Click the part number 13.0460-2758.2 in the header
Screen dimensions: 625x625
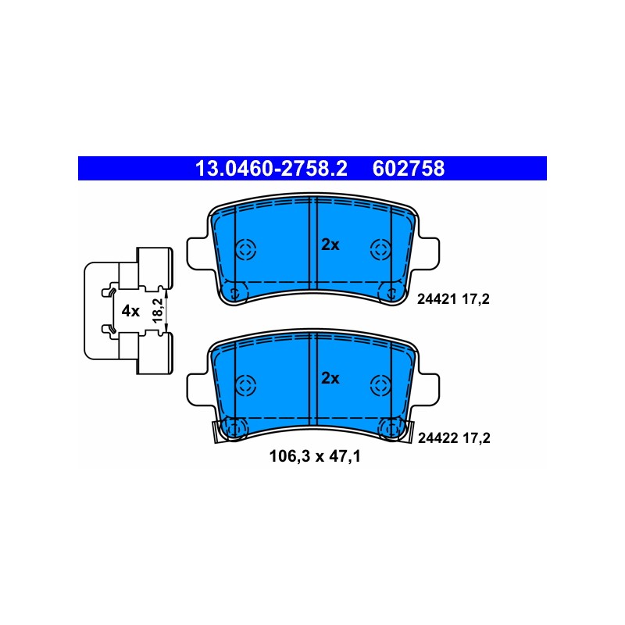point(271,168)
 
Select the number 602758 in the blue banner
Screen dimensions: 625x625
point(408,168)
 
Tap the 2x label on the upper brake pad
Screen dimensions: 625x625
point(330,245)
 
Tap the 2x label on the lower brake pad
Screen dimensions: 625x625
point(330,378)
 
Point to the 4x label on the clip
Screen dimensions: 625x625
point(130,311)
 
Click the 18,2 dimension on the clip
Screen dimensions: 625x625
point(159,310)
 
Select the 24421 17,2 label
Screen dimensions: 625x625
point(453,299)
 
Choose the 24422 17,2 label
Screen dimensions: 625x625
point(454,438)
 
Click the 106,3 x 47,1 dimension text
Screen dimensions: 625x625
point(315,456)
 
